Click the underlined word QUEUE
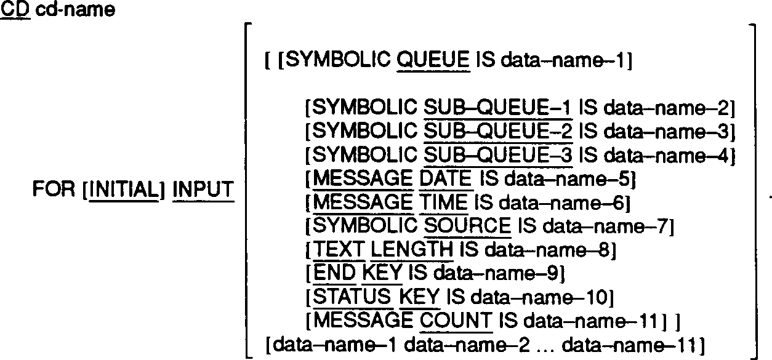433,61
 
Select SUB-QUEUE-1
498,109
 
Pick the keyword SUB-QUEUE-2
498,132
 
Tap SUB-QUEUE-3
498,155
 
